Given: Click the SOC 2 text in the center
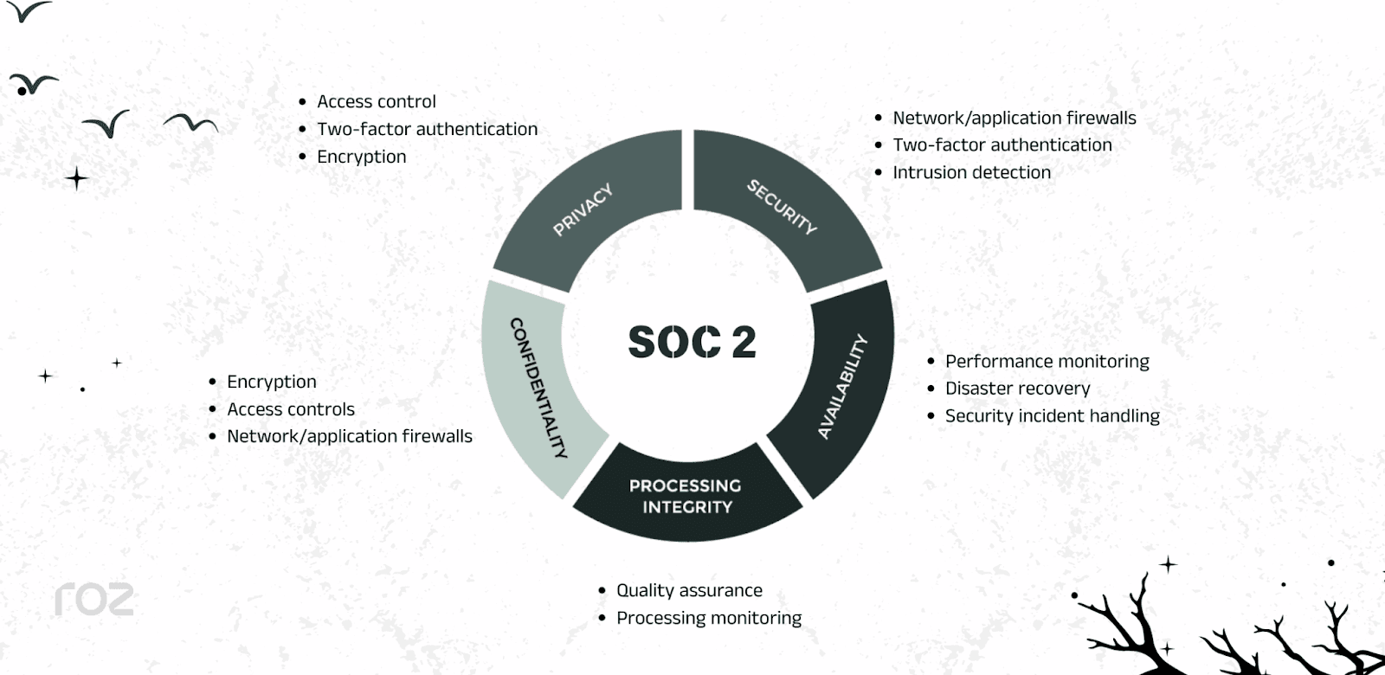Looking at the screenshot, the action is (692, 342).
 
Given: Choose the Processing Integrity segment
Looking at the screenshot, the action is (686, 496).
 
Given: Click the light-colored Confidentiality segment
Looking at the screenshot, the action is (536, 387).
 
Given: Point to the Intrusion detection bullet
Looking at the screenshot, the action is (971, 172).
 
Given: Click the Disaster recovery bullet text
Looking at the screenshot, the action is (1017, 389).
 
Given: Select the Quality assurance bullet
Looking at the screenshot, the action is (689, 590).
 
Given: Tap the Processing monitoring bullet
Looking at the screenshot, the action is (708, 618).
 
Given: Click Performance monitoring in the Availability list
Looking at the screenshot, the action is (1047, 361).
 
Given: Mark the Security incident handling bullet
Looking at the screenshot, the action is (1052, 416).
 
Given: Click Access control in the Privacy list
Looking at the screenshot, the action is (376, 101).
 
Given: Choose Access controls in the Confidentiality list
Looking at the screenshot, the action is (290, 409).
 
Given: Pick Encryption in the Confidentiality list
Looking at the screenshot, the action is (271, 382).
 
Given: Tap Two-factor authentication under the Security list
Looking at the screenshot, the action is (1002, 145).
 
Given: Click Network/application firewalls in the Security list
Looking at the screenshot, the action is (1014, 118).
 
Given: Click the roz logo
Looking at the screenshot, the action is (94, 599).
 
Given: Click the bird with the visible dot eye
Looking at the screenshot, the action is (33, 84).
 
